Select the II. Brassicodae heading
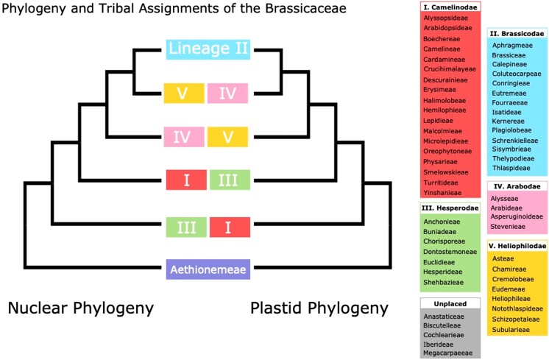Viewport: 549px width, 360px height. (x=517, y=34)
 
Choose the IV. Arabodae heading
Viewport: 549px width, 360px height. (x=515, y=186)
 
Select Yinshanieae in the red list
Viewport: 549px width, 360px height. (x=444, y=193)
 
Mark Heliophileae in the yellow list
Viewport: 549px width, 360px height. (x=512, y=300)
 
